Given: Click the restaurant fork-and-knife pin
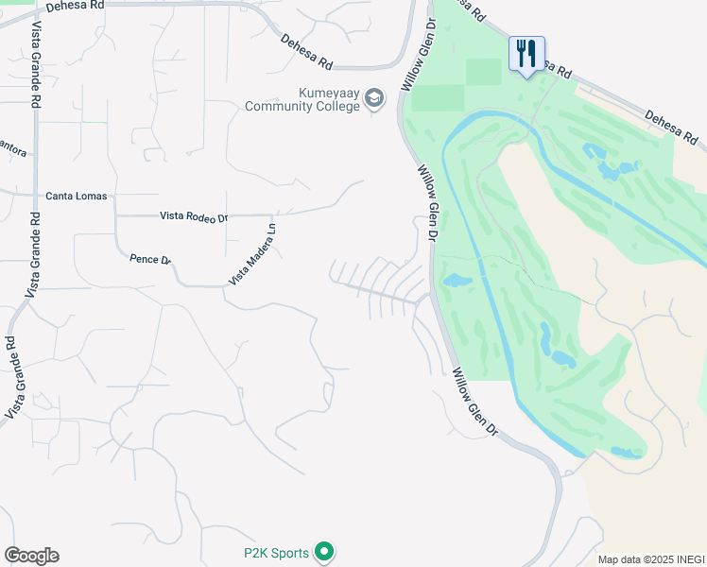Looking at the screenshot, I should (526, 53).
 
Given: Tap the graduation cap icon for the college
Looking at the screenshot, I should (374, 99).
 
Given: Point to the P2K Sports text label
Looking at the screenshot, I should (277, 551).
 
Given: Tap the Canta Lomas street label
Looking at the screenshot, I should (77, 197).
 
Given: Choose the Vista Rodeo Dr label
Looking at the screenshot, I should (194, 216).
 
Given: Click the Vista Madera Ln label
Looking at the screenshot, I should (251, 254).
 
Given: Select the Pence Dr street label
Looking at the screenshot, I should (150, 259).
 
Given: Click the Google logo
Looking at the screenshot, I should (31, 556).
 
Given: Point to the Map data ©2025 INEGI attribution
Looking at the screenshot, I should (651, 559).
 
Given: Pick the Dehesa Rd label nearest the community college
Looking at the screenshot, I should (307, 52).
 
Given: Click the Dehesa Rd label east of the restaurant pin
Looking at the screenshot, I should (675, 129).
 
